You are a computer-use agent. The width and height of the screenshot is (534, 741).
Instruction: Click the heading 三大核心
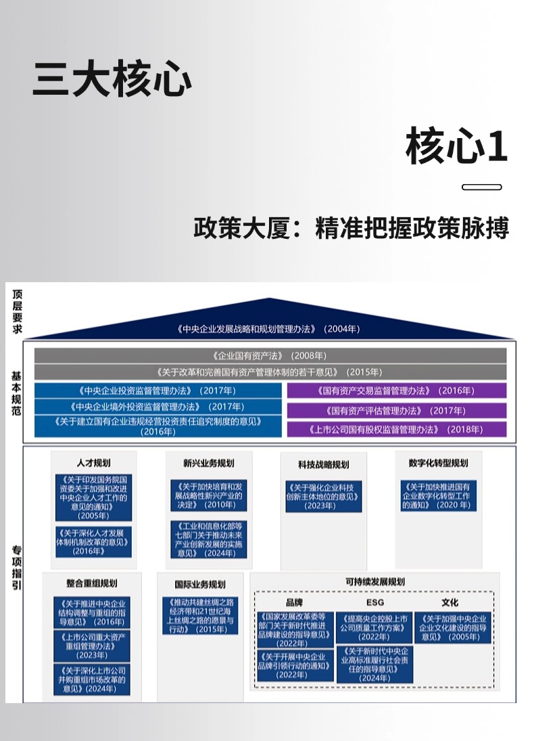(x=112, y=80)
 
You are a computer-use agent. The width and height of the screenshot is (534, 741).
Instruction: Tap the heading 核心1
(x=456, y=147)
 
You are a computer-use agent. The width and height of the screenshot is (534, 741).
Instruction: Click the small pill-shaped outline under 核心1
(x=481, y=187)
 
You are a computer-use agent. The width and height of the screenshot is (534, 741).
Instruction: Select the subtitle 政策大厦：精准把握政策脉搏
(x=351, y=228)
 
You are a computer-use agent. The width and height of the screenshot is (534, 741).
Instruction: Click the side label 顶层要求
(x=16, y=312)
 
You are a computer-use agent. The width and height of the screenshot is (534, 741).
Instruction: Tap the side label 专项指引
(x=16, y=568)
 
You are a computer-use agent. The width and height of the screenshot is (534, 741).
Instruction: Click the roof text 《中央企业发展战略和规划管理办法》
(x=269, y=330)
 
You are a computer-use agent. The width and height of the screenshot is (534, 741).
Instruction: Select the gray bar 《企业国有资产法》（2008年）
(x=270, y=355)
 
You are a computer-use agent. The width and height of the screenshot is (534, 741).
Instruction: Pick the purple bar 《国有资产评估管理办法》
(x=395, y=411)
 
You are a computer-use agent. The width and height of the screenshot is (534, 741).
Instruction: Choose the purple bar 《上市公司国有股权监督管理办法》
(x=395, y=430)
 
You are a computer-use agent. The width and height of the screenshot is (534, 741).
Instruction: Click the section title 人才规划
(x=94, y=463)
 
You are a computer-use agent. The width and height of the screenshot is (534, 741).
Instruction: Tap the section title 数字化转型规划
(x=438, y=463)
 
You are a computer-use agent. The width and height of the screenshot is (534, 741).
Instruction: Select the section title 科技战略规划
(x=323, y=465)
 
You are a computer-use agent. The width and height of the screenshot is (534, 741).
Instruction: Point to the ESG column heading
(x=375, y=602)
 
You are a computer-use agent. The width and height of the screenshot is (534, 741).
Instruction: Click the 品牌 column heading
(x=295, y=602)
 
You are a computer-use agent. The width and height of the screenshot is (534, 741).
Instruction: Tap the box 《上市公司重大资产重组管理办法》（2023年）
(x=92, y=646)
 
